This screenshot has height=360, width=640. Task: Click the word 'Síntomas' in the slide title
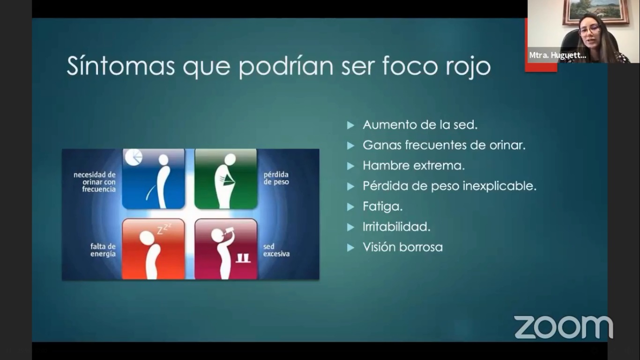point(120,66)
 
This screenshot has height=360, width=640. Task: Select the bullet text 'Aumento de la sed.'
point(420,125)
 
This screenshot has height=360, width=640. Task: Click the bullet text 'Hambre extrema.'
point(414,165)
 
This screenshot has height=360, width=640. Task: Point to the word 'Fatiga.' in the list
point(383,206)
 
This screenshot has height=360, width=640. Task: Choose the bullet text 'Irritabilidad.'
point(396,227)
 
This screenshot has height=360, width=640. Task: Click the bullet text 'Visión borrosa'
point(403,247)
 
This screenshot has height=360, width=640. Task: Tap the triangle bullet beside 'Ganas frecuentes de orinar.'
point(350,146)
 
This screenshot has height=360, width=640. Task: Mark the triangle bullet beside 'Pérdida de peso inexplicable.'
point(350,187)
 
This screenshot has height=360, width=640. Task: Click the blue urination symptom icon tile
point(153,179)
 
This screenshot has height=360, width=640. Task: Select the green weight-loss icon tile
point(226,179)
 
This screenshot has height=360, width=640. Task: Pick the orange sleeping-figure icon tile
point(153,249)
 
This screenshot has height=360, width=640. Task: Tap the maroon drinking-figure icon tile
point(226,249)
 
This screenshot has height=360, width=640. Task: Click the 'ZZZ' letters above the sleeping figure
point(164,229)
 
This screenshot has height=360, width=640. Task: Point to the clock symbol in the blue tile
point(134,157)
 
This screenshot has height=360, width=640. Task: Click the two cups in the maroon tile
point(243,258)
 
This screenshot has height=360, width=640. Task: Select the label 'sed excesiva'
point(276,250)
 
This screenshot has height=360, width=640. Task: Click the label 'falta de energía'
point(103,250)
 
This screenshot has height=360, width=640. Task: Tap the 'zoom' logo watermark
point(564,327)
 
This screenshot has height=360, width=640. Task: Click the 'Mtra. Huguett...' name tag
point(558,55)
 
